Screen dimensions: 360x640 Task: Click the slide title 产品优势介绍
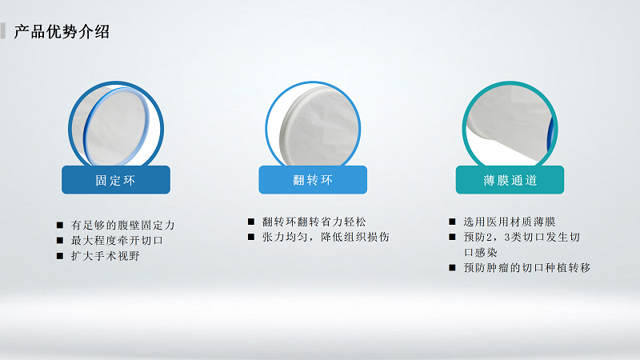click(x=62, y=32)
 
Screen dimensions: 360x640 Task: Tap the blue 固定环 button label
click(x=116, y=180)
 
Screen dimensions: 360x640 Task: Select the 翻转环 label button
click(x=313, y=180)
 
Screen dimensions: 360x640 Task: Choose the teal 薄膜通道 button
click(x=510, y=180)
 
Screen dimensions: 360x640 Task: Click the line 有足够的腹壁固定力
click(x=122, y=225)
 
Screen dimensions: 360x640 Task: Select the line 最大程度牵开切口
click(x=117, y=240)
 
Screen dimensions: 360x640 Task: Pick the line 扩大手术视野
click(x=106, y=256)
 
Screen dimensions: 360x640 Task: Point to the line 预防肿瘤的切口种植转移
click(x=526, y=268)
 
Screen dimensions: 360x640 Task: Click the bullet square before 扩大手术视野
click(x=60, y=256)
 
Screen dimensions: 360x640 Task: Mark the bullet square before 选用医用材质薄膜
click(x=452, y=222)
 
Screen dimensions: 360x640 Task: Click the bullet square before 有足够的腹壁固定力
click(x=60, y=225)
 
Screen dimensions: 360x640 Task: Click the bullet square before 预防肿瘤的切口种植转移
click(x=452, y=268)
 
